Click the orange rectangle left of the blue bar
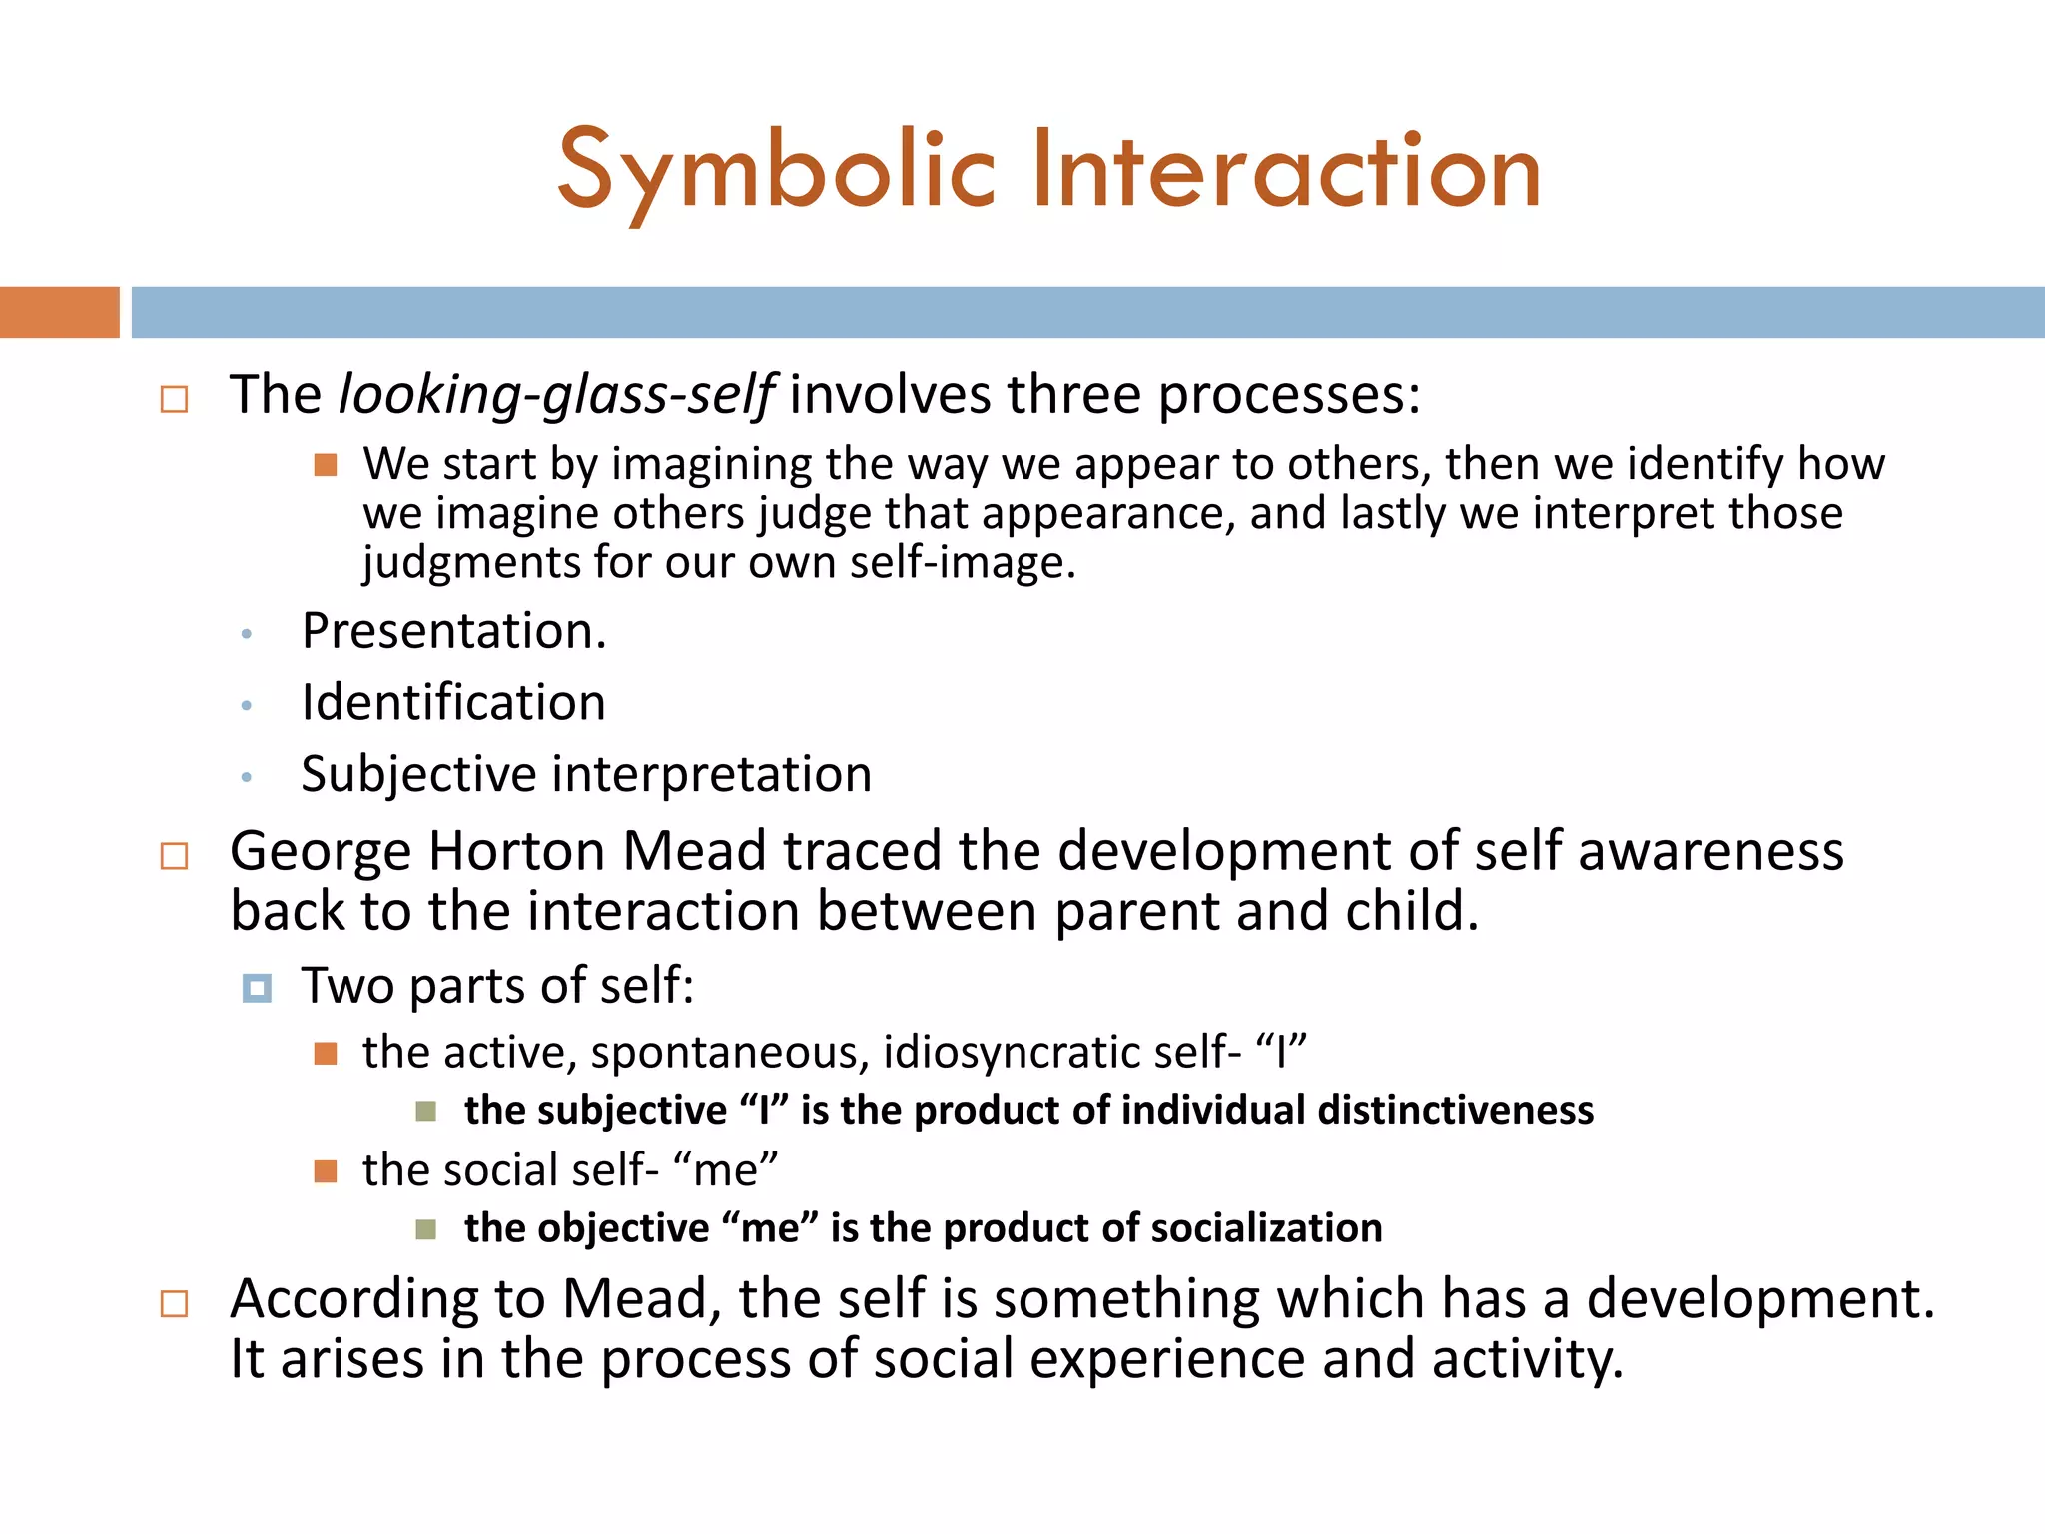coord(59,312)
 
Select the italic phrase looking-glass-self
coord(556,395)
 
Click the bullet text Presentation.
coord(453,631)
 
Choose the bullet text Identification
coord(453,702)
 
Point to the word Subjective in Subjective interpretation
coord(418,775)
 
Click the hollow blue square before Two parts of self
coord(257,988)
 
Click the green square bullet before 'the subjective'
coord(426,1111)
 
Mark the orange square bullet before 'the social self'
coord(326,1170)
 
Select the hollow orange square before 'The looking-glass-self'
coord(174,400)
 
